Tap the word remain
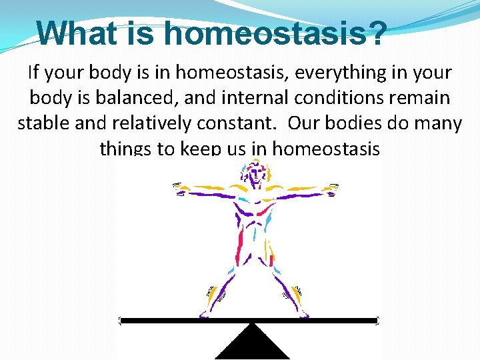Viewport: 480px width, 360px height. point(422,98)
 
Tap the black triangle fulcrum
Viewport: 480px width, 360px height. point(252,343)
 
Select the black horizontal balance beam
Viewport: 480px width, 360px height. point(249,321)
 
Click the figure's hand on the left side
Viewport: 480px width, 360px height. point(179,189)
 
